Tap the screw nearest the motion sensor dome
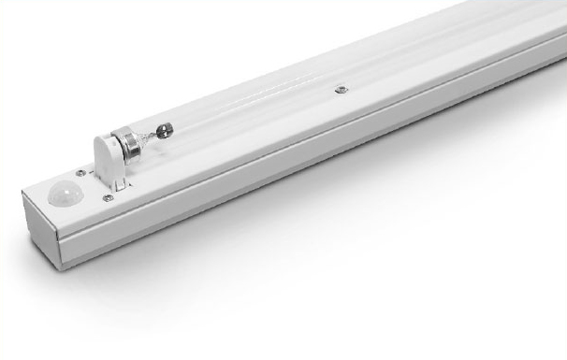click(82, 173)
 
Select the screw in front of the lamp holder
click(109, 197)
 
